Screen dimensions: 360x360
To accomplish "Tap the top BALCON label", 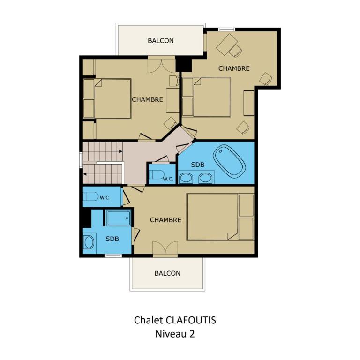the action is point(161,41).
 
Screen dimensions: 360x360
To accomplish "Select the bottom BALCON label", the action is point(167,273).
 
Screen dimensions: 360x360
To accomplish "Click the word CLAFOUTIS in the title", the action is point(191,320).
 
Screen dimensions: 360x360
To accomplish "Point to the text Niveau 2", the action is point(175,334).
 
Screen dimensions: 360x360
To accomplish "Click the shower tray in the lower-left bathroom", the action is point(119,218).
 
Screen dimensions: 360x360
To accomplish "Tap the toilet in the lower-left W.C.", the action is point(90,196).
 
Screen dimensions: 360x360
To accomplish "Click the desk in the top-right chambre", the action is point(227,45).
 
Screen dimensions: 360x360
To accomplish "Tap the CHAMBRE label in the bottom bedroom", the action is point(165,220).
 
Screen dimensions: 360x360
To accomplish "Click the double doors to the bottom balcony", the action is point(165,248).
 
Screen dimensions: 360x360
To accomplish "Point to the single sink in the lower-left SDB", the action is point(89,242).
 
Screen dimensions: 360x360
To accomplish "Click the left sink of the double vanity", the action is point(186,178).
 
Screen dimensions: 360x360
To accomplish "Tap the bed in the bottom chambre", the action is point(220,217).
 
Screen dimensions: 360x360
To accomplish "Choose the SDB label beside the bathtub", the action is point(198,165).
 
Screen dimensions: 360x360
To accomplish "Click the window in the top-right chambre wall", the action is point(226,30).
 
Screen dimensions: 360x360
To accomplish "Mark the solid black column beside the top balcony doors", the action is point(184,65).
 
